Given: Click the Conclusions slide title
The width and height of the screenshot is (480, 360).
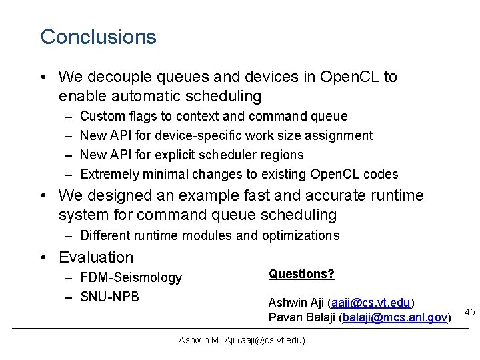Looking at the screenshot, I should [x=98, y=37].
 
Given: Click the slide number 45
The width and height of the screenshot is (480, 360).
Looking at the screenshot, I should [x=469, y=312].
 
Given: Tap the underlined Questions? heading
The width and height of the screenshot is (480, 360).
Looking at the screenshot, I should [x=301, y=274].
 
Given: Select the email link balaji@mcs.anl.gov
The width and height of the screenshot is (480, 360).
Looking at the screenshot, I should [x=395, y=317].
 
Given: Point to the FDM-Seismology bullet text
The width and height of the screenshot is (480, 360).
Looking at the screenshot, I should [x=131, y=277].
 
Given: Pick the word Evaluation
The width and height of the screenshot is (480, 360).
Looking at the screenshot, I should [x=96, y=257].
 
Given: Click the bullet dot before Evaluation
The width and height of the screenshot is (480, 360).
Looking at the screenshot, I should [x=43, y=257].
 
